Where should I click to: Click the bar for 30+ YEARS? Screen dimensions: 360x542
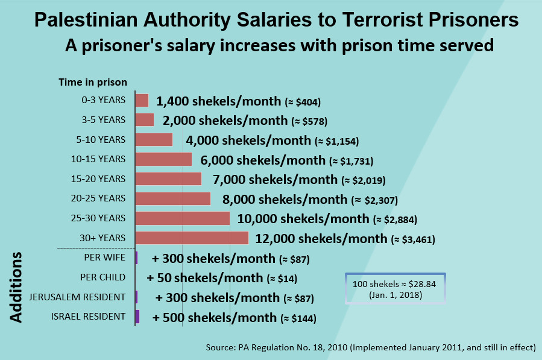point(192,238)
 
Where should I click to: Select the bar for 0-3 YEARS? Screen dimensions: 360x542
point(142,100)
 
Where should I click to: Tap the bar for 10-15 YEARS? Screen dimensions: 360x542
point(163,159)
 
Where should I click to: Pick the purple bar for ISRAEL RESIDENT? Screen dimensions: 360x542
point(137,317)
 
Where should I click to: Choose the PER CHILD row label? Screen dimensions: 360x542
point(102,277)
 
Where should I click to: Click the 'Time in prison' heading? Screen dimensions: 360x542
point(92,83)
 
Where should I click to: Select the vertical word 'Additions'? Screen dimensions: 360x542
point(16,286)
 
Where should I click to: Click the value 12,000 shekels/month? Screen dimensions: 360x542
point(321,239)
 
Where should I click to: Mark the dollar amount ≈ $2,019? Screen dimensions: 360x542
point(364,180)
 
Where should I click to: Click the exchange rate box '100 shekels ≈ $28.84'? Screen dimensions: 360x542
point(395,288)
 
